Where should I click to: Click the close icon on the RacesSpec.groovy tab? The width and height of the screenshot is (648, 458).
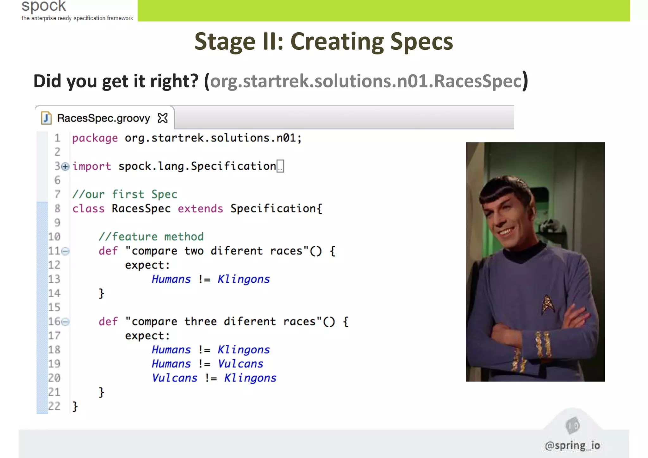(163, 118)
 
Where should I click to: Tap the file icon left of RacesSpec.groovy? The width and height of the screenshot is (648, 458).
(46, 118)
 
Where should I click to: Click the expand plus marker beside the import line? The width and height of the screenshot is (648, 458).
(65, 166)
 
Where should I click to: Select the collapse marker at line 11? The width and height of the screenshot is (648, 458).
(65, 251)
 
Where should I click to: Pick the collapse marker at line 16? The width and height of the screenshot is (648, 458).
(65, 322)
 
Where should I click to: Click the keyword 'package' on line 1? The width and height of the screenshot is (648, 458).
(95, 138)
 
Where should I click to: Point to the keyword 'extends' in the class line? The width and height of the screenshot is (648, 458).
(200, 209)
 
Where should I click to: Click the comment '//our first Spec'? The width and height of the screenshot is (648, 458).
(125, 194)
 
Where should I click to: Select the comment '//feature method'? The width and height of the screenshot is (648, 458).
(151, 237)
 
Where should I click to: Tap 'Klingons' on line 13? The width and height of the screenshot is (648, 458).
(243, 279)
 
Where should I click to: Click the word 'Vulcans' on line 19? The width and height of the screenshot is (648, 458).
(240, 364)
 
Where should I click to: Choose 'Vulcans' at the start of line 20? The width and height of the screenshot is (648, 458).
(174, 378)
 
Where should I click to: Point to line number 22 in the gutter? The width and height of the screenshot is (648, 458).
(54, 406)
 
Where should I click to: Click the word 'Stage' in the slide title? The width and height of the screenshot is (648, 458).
(225, 41)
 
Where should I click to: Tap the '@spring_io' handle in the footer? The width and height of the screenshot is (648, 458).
(572, 445)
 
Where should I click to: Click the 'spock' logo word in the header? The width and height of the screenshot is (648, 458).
(44, 6)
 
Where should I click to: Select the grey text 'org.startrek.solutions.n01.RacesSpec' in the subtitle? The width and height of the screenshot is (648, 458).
(365, 81)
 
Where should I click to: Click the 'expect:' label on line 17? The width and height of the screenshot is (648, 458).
(147, 336)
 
